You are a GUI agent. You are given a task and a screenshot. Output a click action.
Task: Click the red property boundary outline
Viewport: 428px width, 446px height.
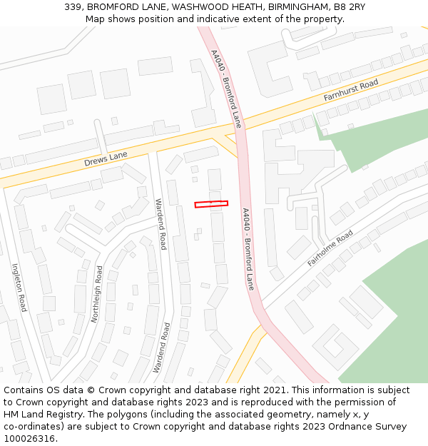pyautogui.click(x=211, y=204)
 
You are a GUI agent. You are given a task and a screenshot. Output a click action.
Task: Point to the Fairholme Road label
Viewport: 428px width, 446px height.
pyautogui.click(x=330, y=248)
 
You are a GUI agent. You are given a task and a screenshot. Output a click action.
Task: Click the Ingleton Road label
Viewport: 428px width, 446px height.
pyautogui.click(x=19, y=288)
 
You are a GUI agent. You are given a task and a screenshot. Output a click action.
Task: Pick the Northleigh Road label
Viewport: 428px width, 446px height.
pyautogui.click(x=96, y=294)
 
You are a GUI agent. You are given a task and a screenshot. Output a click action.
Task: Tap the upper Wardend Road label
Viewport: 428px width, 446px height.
pyautogui.click(x=161, y=223)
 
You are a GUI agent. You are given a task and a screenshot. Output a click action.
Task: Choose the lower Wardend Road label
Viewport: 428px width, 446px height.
pyautogui.click(x=162, y=348)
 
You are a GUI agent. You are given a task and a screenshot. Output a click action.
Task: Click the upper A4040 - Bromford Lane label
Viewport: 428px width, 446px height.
pyautogui.click(x=227, y=88)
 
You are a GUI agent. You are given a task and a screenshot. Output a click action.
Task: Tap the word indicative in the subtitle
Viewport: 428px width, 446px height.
pyautogui.click(x=233, y=19)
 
